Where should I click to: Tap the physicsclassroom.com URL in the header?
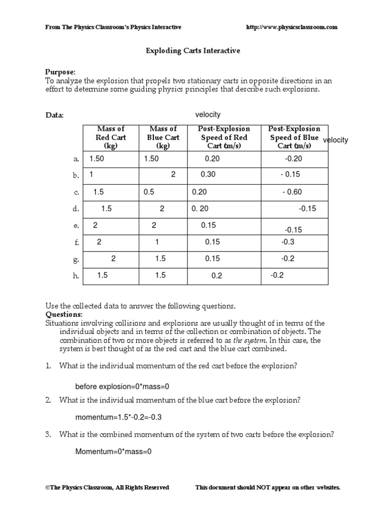tap(292, 27)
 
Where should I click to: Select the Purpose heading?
tap(60, 72)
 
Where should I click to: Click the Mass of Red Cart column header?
tap(110, 137)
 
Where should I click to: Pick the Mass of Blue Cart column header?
tap(163, 137)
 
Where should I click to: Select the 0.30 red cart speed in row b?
tap(208, 175)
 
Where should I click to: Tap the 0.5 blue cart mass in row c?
tap(149, 192)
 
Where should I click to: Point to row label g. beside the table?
tap(76, 260)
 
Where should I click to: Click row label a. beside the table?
tap(76, 159)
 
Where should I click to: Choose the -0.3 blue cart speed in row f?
tap(288, 242)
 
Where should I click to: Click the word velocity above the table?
tap(208, 115)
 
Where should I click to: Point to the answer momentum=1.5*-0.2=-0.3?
tap(119, 417)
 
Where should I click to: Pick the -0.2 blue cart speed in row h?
tap(277, 275)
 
